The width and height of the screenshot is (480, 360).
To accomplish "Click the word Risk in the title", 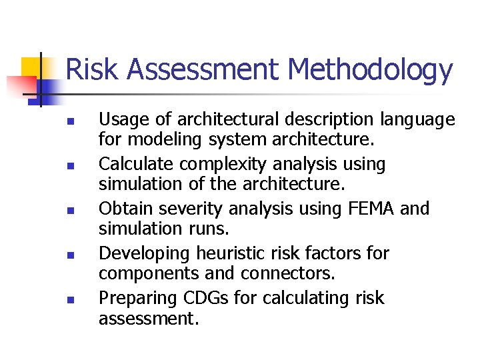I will tap(92, 69).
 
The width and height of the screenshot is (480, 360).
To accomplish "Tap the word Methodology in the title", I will tap(371, 71).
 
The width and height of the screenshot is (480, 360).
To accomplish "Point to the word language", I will tap(417, 121).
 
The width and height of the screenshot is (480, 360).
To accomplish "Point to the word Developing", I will tap(144, 254).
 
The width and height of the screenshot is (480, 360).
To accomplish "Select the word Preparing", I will tap(135, 299).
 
